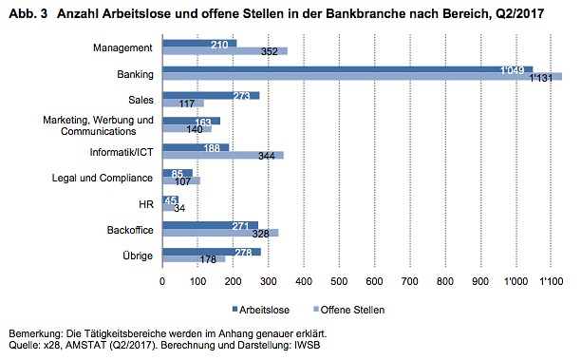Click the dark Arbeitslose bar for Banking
(347, 69)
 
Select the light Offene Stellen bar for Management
(225, 51)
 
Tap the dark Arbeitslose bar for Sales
(211, 96)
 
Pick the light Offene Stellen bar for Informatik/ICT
(223, 156)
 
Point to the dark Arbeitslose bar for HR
(171, 199)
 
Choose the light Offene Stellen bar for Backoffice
(221, 233)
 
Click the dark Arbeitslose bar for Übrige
(212, 252)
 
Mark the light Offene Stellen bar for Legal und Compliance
(181, 180)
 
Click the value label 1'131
(541, 78)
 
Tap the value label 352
(270, 51)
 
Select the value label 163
(203, 123)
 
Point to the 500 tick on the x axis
(339, 281)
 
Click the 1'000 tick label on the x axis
(515, 281)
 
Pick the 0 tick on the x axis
(162, 281)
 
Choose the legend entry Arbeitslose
(261, 310)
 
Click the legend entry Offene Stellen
(349, 310)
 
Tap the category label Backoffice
(130, 230)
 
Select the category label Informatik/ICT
(122, 152)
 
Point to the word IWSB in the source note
(308, 345)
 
